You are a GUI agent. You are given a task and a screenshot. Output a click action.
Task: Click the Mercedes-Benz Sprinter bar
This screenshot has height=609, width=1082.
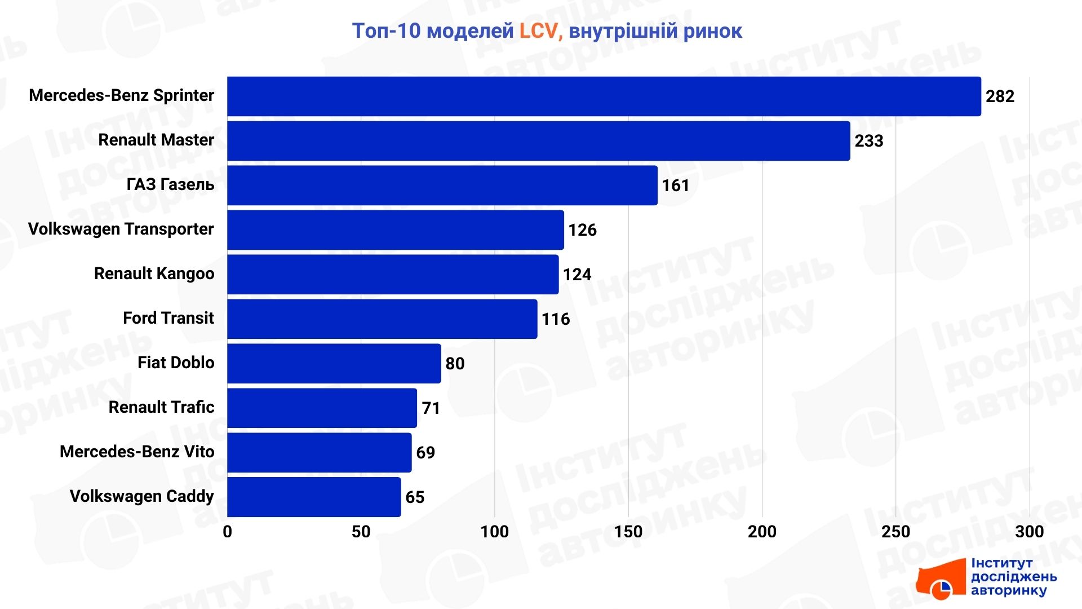[x=604, y=96]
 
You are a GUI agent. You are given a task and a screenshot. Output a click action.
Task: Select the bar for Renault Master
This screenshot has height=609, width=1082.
[x=538, y=141]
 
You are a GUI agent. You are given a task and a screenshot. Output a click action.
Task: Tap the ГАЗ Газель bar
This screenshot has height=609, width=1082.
[x=442, y=186]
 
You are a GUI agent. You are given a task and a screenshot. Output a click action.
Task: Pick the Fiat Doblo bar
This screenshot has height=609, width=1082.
[x=334, y=364]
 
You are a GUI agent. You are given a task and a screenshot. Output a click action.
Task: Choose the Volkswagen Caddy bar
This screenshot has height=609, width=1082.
[x=314, y=497]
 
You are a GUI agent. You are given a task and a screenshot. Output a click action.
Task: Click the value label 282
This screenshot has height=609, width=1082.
[x=1000, y=96]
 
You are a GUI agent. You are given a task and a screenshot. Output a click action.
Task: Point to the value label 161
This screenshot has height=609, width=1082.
[x=675, y=186]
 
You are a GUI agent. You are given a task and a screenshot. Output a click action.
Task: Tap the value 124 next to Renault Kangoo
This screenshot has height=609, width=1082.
[x=577, y=275]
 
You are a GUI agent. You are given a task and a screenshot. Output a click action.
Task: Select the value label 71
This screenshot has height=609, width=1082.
[x=431, y=408]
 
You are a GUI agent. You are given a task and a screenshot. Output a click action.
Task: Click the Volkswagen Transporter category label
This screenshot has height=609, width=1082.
[x=121, y=229]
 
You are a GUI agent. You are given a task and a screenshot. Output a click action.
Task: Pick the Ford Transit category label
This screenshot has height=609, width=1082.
[x=168, y=318]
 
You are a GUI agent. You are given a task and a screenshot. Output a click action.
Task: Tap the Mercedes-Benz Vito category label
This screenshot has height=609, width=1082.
[x=137, y=452]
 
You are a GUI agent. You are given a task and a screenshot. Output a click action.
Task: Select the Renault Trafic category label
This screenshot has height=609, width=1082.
[x=161, y=407]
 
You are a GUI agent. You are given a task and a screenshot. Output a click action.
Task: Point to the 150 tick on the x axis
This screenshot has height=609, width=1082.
[x=628, y=532]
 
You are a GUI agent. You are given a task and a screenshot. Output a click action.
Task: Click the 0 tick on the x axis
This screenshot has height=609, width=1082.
[x=227, y=532]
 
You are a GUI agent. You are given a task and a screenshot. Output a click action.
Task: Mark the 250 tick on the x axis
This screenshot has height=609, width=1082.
[x=895, y=532]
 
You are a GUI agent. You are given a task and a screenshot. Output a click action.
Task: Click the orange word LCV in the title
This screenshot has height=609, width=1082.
[x=538, y=31]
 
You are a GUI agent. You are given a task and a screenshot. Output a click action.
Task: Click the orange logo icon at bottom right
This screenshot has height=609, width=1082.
[x=940, y=580]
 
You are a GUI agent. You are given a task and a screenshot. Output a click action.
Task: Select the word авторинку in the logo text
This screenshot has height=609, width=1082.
[x=1008, y=590]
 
